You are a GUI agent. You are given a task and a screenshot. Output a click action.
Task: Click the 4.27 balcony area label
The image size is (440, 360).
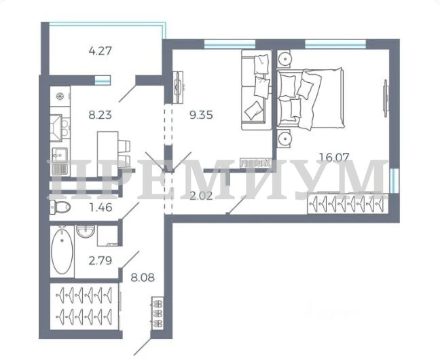tap(100, 51)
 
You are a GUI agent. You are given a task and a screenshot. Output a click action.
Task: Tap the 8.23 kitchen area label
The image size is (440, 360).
tap(100, 115)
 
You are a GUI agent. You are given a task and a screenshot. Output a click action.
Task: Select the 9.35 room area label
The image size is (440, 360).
tap(201, 115)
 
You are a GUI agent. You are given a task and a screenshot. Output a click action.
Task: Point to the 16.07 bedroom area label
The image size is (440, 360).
tap(334, 157)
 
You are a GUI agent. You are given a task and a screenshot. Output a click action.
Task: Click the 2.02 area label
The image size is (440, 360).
tap(201, 196)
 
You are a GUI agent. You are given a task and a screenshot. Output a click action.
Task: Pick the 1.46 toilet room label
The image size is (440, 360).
tap(100, 208)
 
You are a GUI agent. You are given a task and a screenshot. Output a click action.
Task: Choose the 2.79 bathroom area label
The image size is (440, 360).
tap(100, 261)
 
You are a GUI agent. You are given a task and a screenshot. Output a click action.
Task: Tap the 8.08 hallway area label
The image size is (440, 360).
tap(143, 278)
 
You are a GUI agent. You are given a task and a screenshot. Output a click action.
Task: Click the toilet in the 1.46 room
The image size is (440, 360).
tap(60, 208)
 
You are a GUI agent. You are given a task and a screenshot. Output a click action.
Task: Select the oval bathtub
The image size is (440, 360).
tap(62, 251)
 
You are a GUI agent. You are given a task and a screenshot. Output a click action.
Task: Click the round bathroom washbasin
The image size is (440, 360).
tap(86, 232)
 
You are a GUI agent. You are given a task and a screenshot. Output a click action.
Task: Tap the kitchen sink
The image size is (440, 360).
tap(60, 155)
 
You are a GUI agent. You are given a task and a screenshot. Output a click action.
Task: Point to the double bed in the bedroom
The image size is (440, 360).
tap(310, 98)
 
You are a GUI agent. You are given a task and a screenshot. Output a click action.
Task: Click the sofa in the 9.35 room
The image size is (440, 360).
tap(257, 90)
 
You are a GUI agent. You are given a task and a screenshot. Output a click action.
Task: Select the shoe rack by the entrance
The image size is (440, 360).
tap(157, 313)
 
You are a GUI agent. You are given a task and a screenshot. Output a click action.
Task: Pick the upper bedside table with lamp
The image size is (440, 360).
tap(285, 58)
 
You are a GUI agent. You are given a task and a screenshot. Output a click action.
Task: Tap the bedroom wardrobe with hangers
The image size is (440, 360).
tap(348, 203)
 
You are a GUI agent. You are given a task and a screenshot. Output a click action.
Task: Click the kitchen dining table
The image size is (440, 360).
tap(108, 154)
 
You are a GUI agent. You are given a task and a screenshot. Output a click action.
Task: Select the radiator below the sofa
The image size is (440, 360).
tap(255, 163)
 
